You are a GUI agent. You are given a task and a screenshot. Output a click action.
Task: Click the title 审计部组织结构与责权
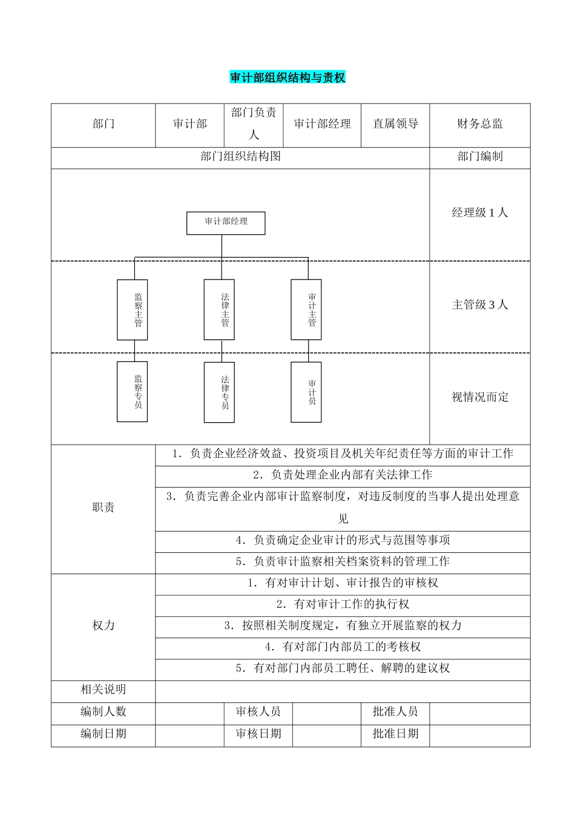click(287, 78)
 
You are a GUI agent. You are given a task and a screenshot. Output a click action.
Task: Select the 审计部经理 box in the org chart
click(226, 223)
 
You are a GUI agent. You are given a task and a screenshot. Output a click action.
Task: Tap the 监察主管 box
click(132, 309)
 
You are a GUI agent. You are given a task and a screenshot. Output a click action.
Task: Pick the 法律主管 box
click(219, 309)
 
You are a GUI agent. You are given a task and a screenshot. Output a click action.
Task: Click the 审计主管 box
click(306, 309)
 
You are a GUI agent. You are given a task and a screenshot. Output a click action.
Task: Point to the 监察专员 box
click(132, 391)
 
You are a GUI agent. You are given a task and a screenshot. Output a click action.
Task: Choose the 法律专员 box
click(219, 392)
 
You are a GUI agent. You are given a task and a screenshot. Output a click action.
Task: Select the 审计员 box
click(306, 392)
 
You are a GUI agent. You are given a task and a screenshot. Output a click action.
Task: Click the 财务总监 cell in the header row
click(480, 124)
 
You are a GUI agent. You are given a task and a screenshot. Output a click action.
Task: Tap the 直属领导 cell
click(395, 124)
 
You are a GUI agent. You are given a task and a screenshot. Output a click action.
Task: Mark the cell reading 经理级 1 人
click(480, 212)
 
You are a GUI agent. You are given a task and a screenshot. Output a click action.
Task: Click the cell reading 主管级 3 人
click(480, 305)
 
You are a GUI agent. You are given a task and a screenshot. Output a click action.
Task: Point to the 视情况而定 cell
click(480, 397)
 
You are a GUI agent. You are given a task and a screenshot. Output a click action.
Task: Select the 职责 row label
click(103, 508)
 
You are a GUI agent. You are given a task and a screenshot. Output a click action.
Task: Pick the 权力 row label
click(103, 625)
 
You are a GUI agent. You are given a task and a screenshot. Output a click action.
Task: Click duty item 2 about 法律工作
click(343, 475)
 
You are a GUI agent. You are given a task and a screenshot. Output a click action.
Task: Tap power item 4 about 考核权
click(343, 647)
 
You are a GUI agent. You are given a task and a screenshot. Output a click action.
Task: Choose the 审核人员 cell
click(258, 711)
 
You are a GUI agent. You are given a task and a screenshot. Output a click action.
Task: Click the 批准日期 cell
click(395, 734)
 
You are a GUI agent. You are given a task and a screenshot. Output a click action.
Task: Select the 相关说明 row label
click(103, 690)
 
